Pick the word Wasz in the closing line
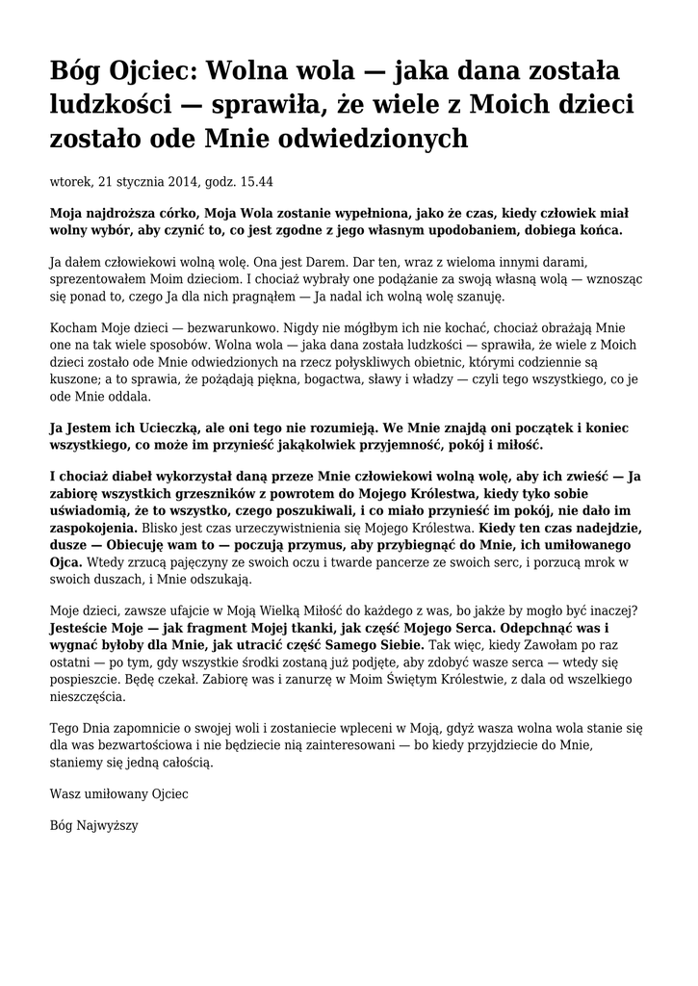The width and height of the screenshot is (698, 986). [x=64, y=794]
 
